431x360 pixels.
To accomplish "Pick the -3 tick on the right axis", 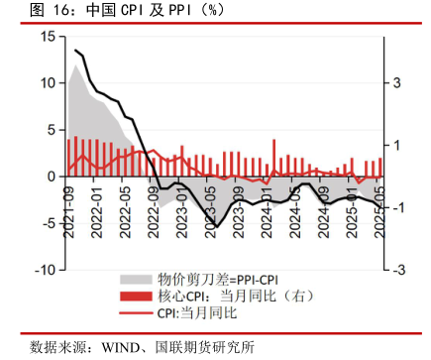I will (394, 270).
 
